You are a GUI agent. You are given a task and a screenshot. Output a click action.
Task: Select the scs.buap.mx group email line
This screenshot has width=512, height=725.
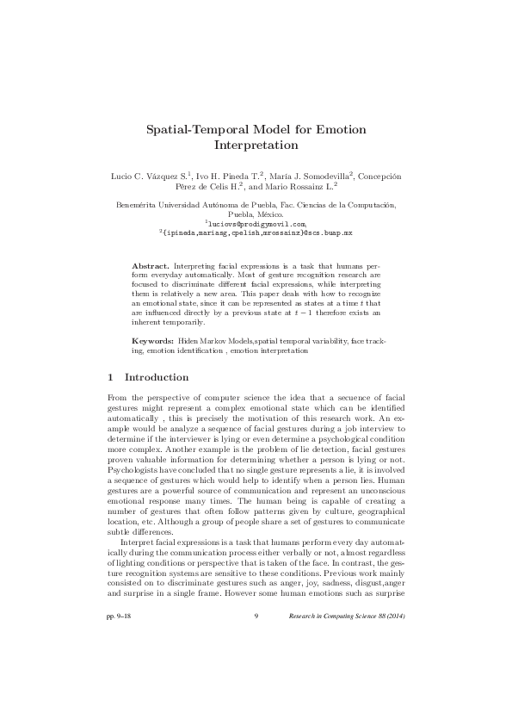point(256,233)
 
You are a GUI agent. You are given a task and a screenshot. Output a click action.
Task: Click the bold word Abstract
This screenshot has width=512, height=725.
point(150,267)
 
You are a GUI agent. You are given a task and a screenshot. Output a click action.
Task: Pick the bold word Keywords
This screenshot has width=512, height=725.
point(152,342)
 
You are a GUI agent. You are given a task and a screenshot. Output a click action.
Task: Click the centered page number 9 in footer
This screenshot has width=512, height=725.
point(256,664)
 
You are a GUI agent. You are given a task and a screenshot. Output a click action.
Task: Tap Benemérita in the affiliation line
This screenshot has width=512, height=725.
point(137,205)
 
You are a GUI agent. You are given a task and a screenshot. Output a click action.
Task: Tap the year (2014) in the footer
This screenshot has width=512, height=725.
point(398,664)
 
